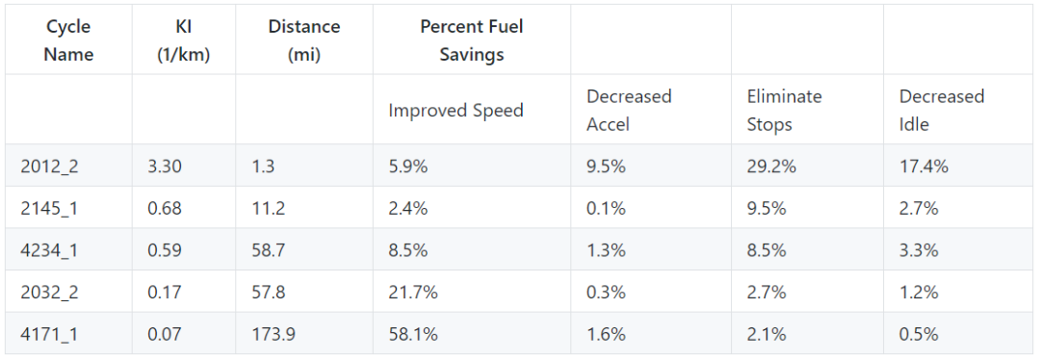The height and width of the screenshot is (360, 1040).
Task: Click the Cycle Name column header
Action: (69, 39)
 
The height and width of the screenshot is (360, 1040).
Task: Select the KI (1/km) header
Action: (184, 39)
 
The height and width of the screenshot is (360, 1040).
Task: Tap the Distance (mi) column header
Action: (304, 39)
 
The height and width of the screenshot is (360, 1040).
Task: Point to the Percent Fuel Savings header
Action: (472, 39)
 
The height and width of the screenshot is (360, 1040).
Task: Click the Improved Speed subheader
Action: (455, 110)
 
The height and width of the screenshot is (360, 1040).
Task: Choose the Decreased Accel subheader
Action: (629, 110)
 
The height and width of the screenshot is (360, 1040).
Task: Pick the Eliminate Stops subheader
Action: (784, 110)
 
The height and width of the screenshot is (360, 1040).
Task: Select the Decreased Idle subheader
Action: (942, 110)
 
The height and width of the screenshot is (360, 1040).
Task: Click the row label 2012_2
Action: (49, 166)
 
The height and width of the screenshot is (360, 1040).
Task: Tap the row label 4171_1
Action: (49, 334)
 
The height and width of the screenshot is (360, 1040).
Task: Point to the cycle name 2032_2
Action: (49, 292)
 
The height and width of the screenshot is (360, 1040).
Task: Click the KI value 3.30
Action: (165, 166)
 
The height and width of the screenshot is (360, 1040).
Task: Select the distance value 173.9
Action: (273, 334)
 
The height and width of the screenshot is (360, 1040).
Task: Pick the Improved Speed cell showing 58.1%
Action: (413, 334)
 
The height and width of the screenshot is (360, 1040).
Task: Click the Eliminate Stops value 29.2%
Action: (771, 166)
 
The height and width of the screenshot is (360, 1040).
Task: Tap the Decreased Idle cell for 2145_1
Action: (919, 208)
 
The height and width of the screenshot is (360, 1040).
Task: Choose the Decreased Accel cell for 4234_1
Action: (606, 250)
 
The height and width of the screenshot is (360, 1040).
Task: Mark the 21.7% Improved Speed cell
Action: (413, 292)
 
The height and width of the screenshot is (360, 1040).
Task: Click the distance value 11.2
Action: (268, 208)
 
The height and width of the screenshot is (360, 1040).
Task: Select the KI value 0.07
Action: (165, 334)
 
